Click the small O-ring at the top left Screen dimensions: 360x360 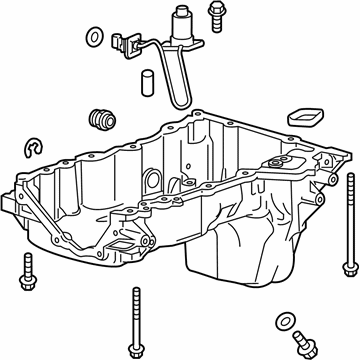[93, 39]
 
